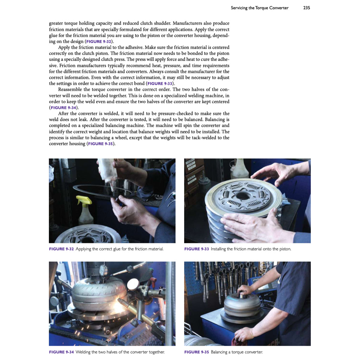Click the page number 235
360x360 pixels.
pyautogui.click(x=306, y=8)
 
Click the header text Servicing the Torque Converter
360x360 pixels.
pyautogui.click(x=259, y=8)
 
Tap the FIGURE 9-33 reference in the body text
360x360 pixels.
pyautogui.click(x=160, y=84)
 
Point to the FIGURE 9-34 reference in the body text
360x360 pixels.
pyautogui.click(x=63, y=108)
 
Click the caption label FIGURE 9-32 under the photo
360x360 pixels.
pyautogui.click(x=61, y=249)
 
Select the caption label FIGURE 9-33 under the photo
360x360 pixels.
pyautogui.click(x=197, y=249)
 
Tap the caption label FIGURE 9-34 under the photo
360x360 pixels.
pyautogui.click(x=61, y=352)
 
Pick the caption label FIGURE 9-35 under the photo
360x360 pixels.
pyautogui.click(x=197, y=352)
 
